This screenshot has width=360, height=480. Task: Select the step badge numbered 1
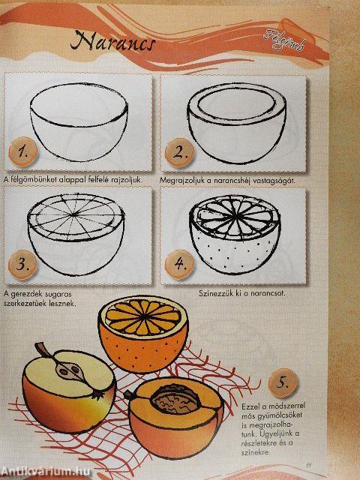(x=23, y=151)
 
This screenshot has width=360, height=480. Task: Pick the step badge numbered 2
(x=179, y=153)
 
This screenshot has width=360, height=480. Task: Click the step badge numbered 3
(x=22, y=265)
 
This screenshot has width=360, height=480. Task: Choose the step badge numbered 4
(x=179, y=265)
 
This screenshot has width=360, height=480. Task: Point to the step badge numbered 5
(x=283, y=383)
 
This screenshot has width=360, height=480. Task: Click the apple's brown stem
(x=43, y=351)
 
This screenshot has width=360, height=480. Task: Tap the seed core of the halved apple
(x=69, y=370)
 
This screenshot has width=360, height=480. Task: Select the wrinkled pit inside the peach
(x=176, y=399)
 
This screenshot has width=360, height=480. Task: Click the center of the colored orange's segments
(x=142, y=317)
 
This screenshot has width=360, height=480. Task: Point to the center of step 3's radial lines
(x=74, y=215)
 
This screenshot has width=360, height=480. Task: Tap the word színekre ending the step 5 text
(x=255, y=451)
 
